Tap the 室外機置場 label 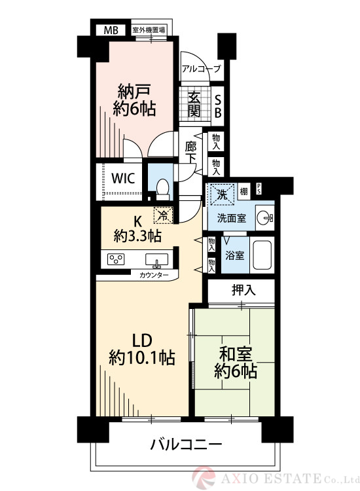point(149,30)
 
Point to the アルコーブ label point(201,69)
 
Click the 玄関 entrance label point(194,104)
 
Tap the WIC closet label point(123,178)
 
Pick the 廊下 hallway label point(191,153)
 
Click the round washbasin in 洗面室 point(264,218)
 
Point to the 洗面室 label point(232,219)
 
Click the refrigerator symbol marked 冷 point(160,215)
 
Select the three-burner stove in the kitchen point(117,259)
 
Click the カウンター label point(154,275)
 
